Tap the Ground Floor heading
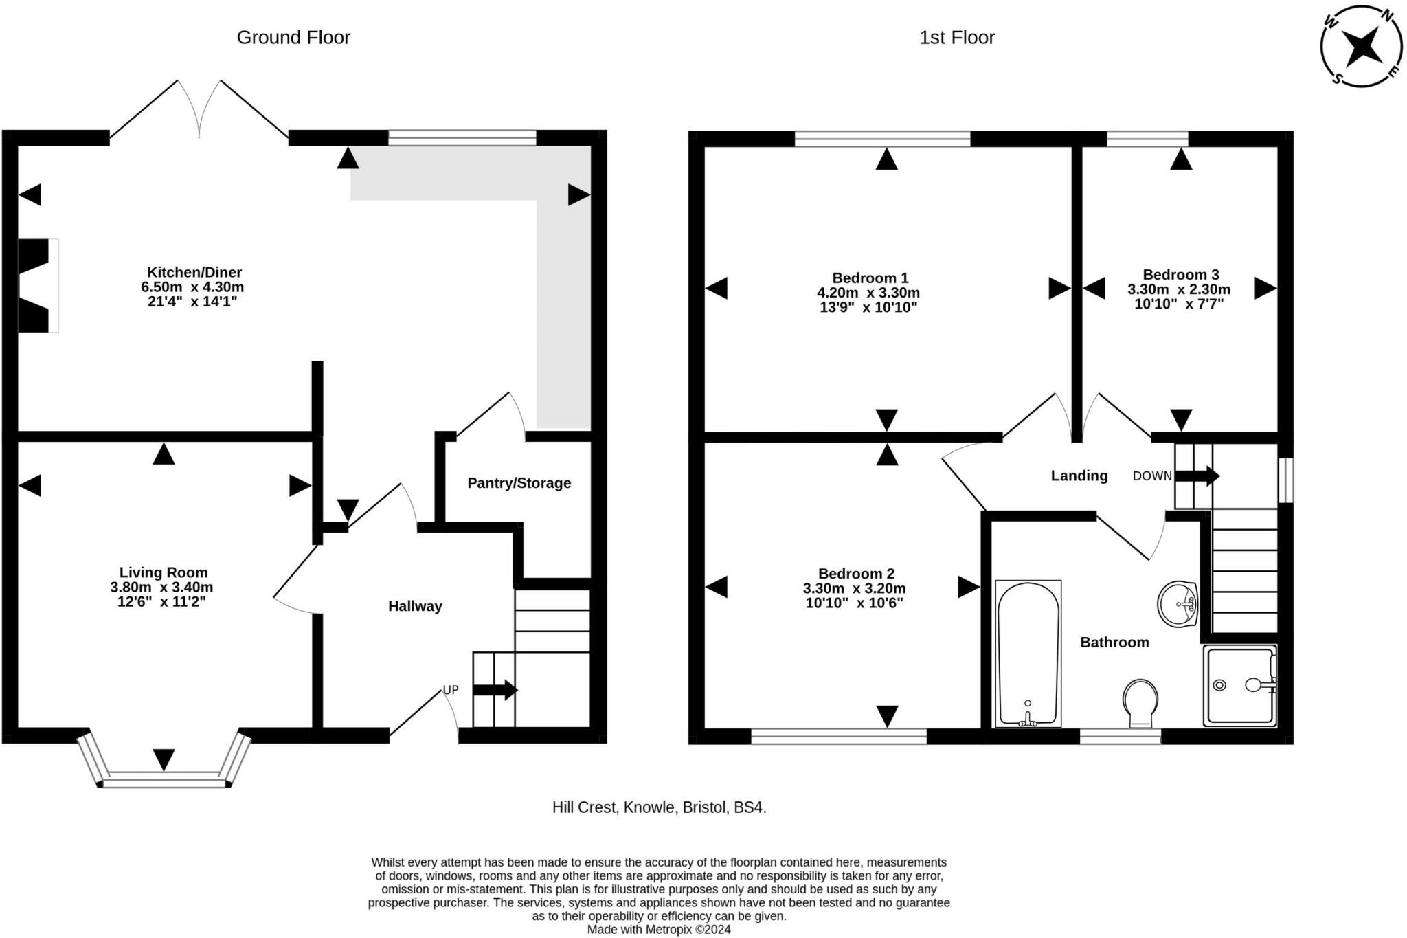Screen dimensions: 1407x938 293,37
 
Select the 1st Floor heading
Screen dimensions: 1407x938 957,37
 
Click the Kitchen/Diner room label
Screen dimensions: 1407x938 194,272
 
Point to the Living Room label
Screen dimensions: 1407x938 164,572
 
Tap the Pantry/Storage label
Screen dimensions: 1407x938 519,483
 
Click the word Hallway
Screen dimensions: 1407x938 415,606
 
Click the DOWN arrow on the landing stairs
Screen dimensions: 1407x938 1197,476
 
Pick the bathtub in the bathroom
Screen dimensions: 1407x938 1028,654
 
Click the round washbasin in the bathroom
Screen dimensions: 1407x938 1178,605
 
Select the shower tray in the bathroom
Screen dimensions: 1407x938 1240,685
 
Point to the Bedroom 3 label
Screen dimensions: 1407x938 1181,275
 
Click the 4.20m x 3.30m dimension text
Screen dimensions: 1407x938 868,293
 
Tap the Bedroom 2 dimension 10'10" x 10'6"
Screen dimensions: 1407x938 855,603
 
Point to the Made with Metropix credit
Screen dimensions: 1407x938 659,930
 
